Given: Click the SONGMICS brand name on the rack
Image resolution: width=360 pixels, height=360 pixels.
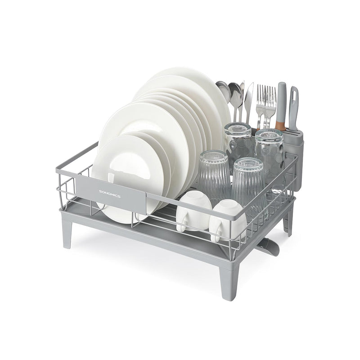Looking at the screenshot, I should click(x=110, y=191).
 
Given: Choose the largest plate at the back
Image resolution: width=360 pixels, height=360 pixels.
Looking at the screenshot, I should click(x=189, y=90).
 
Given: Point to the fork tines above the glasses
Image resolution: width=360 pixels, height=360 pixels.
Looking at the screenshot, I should click(x=265, y=94).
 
